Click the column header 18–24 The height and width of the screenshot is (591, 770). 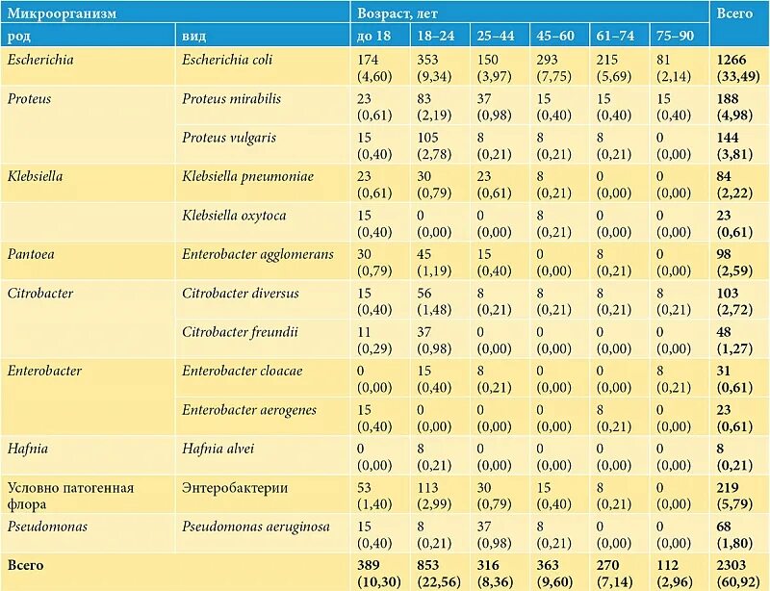(x=436, y=36)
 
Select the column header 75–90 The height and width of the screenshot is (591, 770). (x=676, y=36)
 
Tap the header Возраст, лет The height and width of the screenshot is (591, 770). (x=398, y=13)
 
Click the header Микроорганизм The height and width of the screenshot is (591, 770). (x=62, y=13)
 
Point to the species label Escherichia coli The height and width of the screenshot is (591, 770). (x=227, y=60)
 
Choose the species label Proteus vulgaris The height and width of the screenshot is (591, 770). (x=229, y=138)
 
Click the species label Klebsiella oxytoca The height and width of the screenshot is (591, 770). (x=234, y=216)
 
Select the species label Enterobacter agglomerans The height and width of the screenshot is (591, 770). (x=258, y=254)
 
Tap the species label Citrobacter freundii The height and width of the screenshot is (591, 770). (x=240, y=332)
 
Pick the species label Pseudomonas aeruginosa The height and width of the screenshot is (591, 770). (x=256, y=527)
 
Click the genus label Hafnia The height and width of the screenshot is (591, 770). (x=28, y=449)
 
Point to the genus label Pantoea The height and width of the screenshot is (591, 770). (x=31, y=254)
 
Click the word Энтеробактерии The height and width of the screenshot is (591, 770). (x=235, y=488)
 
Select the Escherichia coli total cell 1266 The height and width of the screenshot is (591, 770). (x=731, y=60)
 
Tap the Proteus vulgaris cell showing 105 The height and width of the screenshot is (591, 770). (x=427, y=138)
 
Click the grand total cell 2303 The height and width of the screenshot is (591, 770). (x=731, y=565)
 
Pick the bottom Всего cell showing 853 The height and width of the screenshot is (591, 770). (x=427, y=565)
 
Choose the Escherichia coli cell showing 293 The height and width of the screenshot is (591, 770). (x=547, y=60)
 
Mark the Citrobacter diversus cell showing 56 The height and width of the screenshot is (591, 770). (x=424, y=294)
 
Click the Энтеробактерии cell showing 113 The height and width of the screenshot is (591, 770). (x=427, y=488)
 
